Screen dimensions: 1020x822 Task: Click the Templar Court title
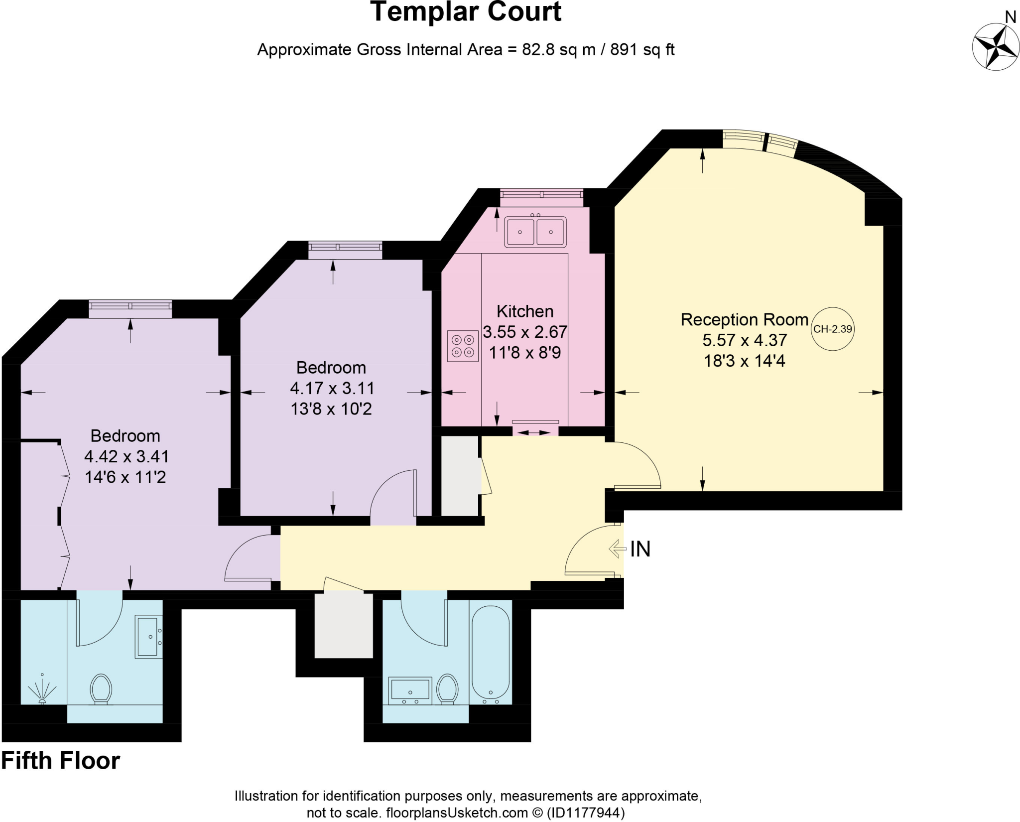[466, 12]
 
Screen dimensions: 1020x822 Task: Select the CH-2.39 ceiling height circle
[832, 329]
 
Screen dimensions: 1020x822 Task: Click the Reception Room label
[744, 319]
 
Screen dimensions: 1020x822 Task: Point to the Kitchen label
[525, 311]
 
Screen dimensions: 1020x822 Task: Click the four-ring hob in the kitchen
[463, 346]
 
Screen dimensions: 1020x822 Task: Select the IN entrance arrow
[617, 549]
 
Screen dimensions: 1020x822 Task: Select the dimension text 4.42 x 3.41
[127, 456]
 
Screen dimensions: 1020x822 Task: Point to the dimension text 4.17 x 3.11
[332, 388]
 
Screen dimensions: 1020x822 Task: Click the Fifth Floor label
[61, 761]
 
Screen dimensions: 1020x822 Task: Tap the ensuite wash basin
[148, 637]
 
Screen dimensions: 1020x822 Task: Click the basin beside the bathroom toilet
[410, 690]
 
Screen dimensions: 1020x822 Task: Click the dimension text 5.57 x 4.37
[745, 340]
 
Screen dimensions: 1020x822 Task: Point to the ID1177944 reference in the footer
[585, 813]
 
